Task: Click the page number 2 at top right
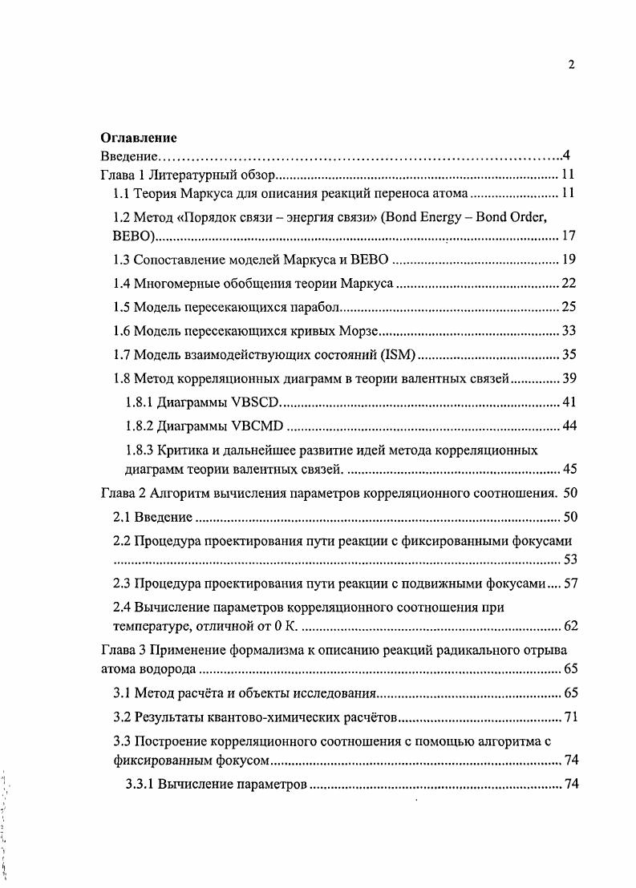click(x=571, y=66)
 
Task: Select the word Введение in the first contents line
click(x=127, y=155)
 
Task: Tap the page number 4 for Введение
click(x=566, y=155)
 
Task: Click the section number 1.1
click(x=120, y=194)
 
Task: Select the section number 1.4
click(x=120, y=283)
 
